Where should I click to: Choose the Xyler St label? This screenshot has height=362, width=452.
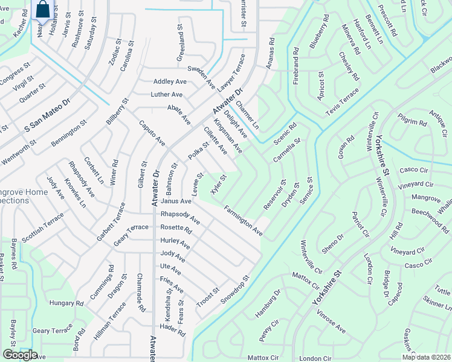coord(218,184)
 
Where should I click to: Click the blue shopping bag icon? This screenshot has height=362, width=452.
coord(44,10)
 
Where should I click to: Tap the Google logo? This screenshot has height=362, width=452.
coord(21,355)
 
